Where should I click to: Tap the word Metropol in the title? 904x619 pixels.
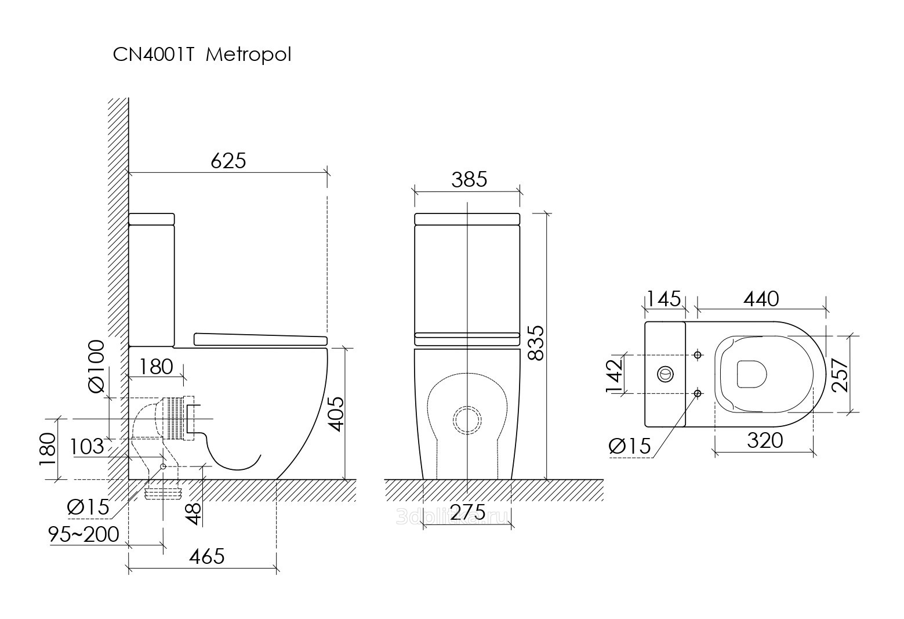coord(249,55)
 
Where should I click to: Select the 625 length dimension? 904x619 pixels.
coord(228,161)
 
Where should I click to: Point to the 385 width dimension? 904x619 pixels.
coord(469,180)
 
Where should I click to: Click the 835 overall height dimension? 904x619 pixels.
coord(536,343)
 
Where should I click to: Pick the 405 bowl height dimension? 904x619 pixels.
coord(336,414)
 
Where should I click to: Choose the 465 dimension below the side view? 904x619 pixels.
coord(207,556)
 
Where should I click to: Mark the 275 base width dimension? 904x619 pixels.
coord(467,512)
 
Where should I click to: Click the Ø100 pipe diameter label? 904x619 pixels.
coord(96,366)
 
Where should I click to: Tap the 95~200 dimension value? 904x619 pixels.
coord(84,534)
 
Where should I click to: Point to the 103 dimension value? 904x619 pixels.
coord(87,447)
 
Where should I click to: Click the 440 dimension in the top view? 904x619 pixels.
coord(760,299)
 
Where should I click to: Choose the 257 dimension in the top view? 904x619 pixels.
coord(840,374)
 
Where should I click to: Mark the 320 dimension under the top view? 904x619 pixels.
coord(765,441)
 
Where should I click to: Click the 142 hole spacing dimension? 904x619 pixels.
coord(613,374)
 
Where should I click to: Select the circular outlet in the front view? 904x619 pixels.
coord(467,419)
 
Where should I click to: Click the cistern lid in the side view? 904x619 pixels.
coord(151,219)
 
